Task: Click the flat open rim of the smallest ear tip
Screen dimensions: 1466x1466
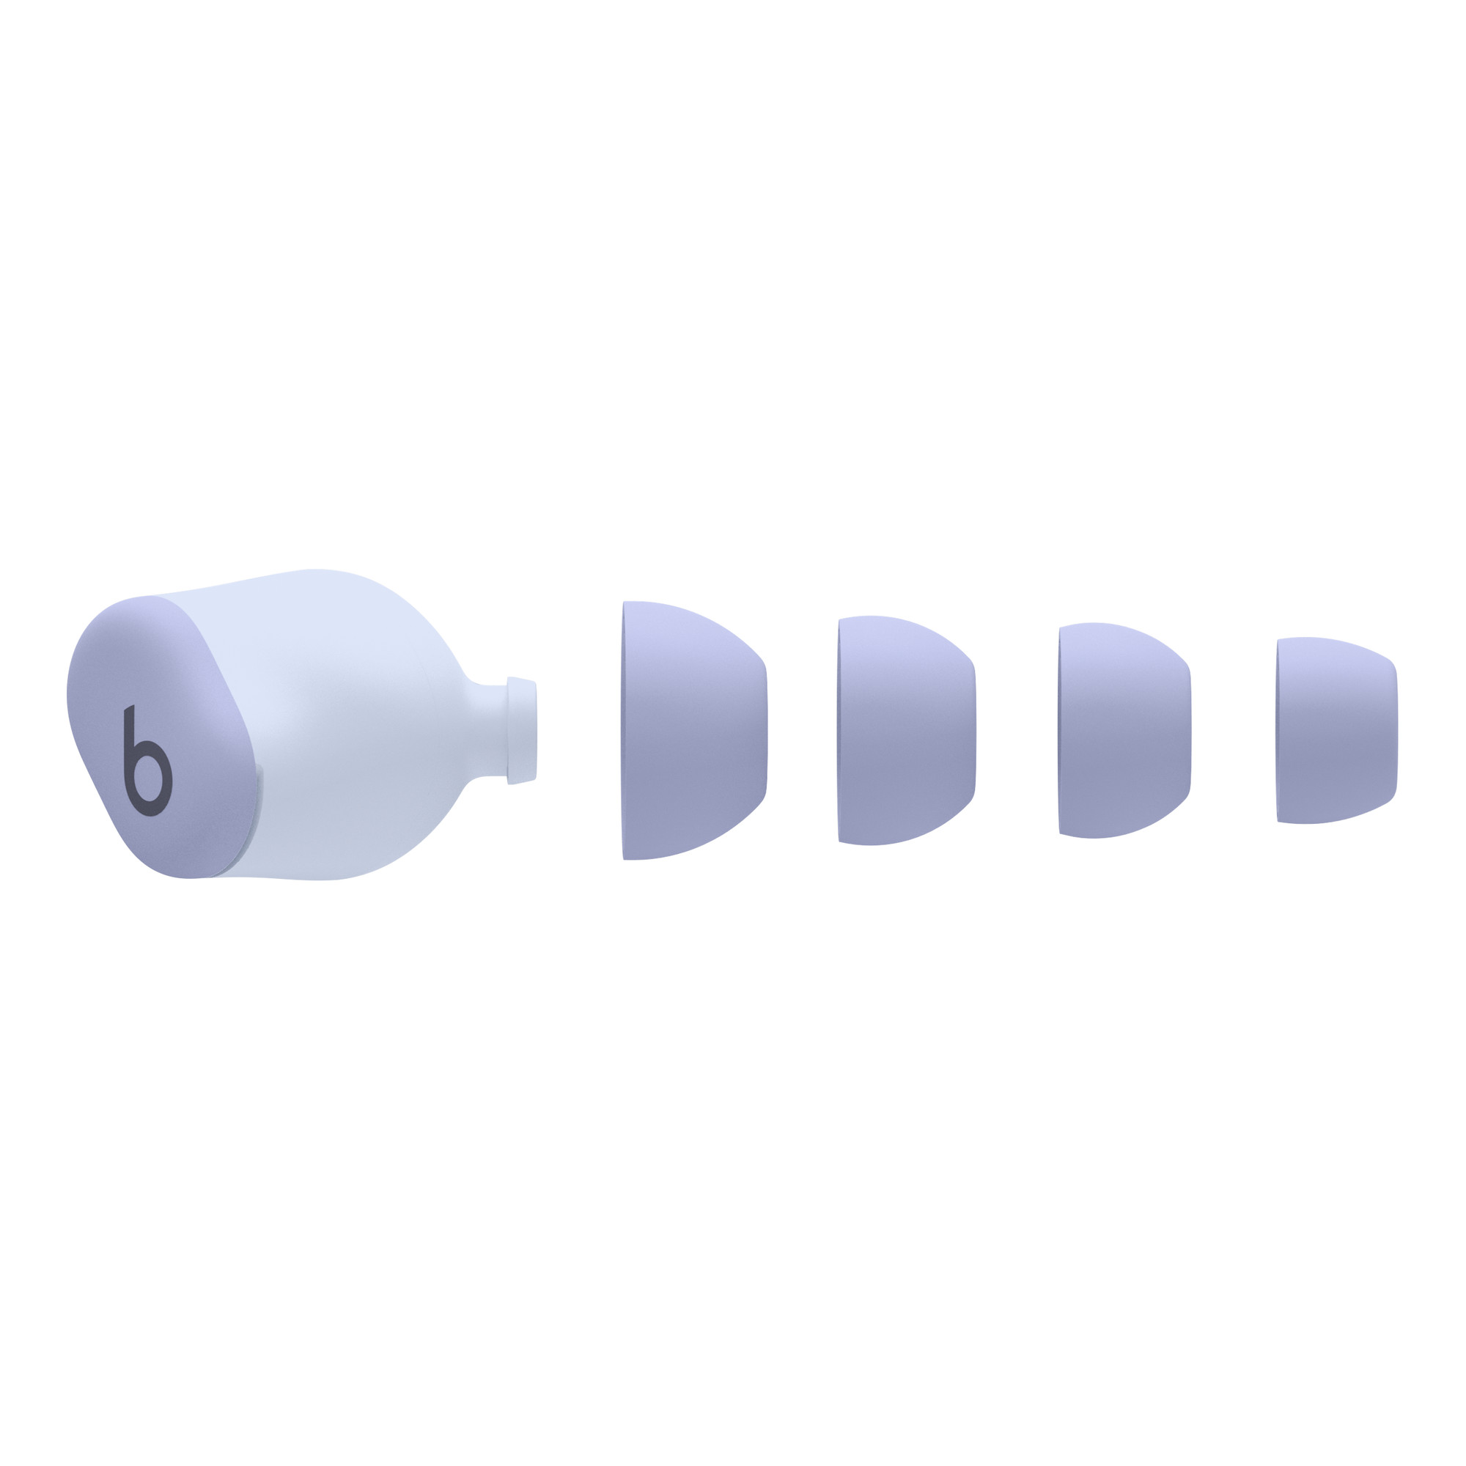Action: [x=1279, y=731]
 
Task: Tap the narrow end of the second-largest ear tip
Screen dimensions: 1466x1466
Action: [x=973, y=731]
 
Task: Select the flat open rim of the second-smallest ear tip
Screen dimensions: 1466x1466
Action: [x=1061, y=731]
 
